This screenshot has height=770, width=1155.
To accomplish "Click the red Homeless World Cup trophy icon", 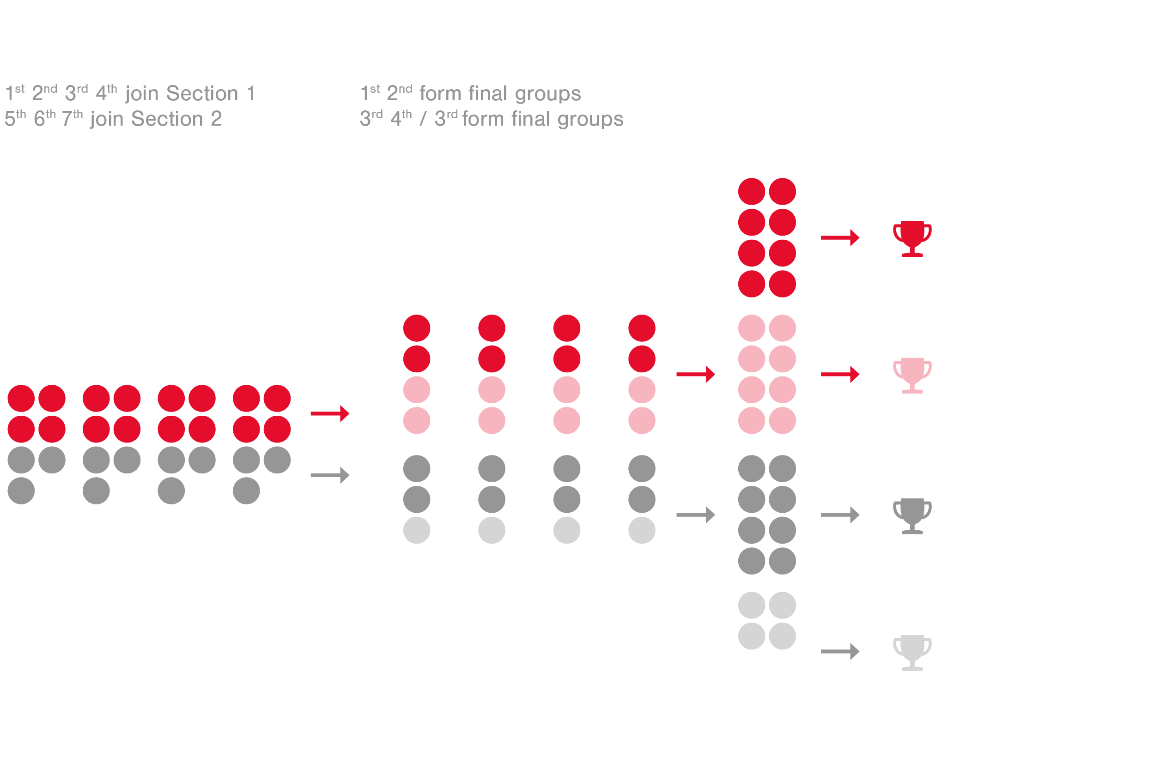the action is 912,238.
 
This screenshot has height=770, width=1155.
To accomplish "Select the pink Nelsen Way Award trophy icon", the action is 912,374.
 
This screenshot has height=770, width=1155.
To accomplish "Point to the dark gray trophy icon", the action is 912,515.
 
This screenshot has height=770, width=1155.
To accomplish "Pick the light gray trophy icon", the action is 912,652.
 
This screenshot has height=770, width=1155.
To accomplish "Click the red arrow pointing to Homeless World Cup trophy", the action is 840,238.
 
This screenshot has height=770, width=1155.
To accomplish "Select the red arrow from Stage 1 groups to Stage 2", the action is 329,413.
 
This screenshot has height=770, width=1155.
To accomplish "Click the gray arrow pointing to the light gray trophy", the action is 840,652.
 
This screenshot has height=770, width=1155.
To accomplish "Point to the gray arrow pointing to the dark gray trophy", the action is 840,515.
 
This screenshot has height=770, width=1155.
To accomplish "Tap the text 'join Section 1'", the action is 190,93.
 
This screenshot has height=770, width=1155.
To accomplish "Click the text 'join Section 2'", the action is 156,119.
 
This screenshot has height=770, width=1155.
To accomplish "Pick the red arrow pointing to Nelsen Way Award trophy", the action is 840,374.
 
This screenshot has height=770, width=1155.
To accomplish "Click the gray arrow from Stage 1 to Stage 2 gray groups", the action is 329,475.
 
